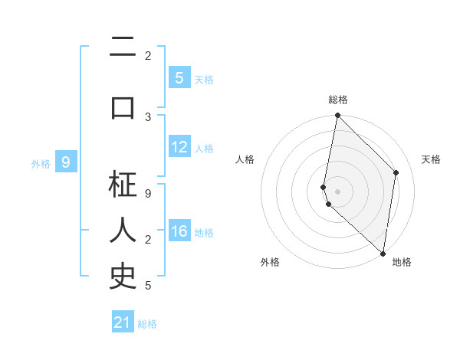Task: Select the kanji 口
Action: [123, 108]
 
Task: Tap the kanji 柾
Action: [123, 185]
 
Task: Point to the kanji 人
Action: [123, 230]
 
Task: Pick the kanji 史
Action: [123, 277]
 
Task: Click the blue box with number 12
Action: [179, 147]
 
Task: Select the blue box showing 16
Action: [179, 231]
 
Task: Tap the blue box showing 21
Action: [123, 322]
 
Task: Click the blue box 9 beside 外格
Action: [67, 162]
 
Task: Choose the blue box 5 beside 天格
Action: [179, 78]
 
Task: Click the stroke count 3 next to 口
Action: [148, 116]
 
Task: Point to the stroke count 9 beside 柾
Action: [148, 193]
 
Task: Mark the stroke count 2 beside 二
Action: [148, 55]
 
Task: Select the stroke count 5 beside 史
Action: [148, 286]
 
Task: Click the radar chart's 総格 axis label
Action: [338, 100]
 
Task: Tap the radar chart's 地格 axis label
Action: [402, 263]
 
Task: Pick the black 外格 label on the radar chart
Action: [270, 263]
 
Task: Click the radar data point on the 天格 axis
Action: [396, 172]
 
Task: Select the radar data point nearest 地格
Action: [383, 254]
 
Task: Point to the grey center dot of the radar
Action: [338, 191]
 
